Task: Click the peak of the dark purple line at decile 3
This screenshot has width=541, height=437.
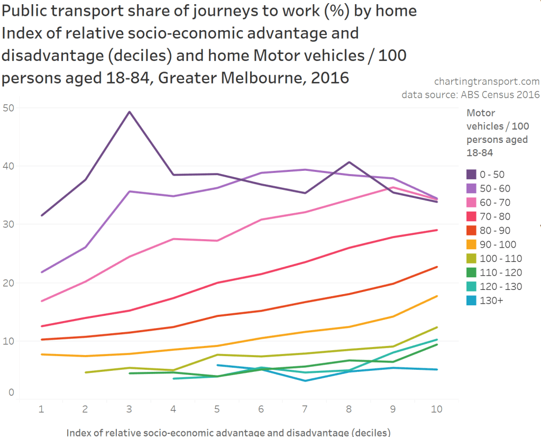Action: coord(129,112)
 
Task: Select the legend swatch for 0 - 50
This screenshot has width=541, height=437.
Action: coord(472,175)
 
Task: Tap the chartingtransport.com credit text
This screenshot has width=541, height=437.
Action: coord(487,81)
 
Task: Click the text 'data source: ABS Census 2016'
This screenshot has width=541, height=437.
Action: coord(471,95)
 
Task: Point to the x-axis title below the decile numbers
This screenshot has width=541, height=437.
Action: coord(228,432)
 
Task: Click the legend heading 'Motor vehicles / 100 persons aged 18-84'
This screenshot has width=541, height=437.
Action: coord(497,133)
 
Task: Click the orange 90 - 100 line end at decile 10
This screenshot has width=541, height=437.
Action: coord(436,296)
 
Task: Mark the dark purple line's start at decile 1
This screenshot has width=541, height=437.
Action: coord(41,215)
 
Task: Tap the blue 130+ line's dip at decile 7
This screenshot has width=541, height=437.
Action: coord(305,381)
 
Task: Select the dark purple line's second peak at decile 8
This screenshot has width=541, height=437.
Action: coord(350,162)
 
